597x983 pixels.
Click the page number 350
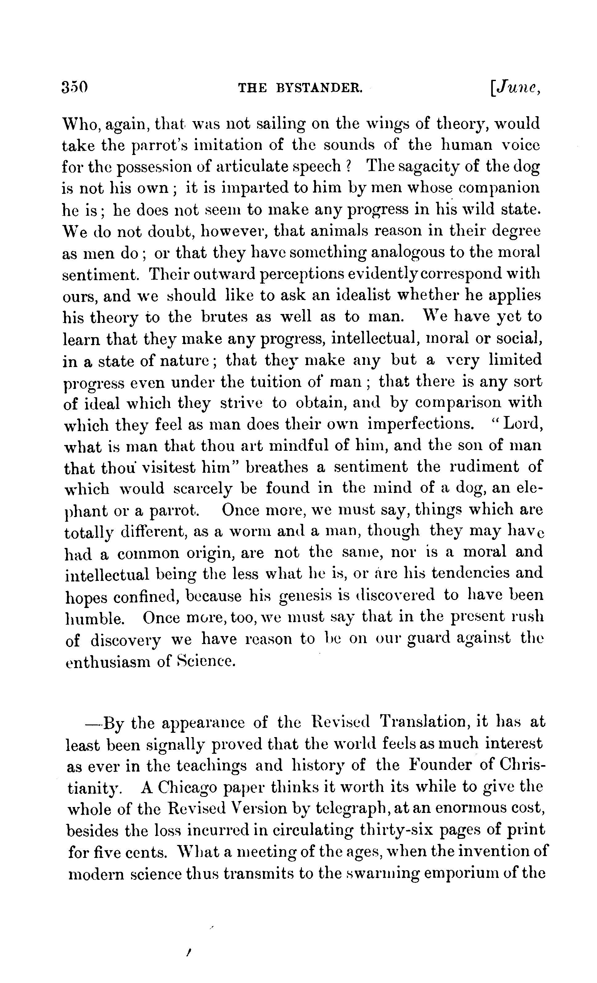point(75,87)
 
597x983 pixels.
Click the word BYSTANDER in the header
point(319,88)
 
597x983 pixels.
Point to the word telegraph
point(353,809)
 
